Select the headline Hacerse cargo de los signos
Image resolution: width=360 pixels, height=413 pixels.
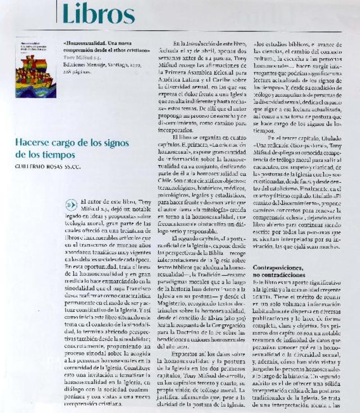pyautogui.click(x=72, y=143)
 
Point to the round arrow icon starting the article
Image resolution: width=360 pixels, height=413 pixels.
pyautogui.click(x=71, y=204)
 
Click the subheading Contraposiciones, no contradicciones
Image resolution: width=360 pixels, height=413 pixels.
pyautogui.click(x=282, y=271)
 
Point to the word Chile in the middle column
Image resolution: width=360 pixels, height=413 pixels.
pyautogui.click(x=165, y=180)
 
